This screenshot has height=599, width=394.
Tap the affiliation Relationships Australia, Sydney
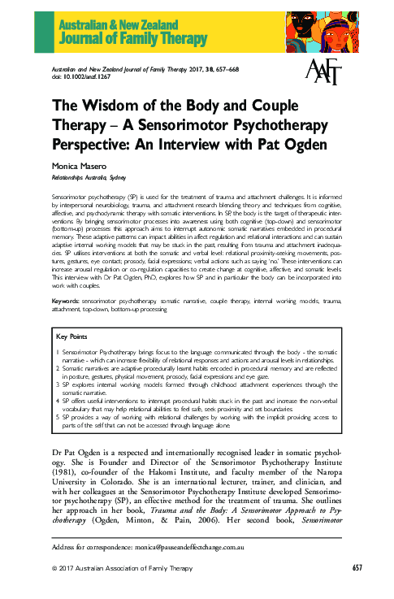click(89, 177)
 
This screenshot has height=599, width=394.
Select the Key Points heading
click(72, 336)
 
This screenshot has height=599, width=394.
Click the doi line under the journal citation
click(80, 78)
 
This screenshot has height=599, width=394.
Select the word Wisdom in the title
click(110, 105)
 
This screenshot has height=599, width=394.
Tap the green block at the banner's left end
click(41, 26)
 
